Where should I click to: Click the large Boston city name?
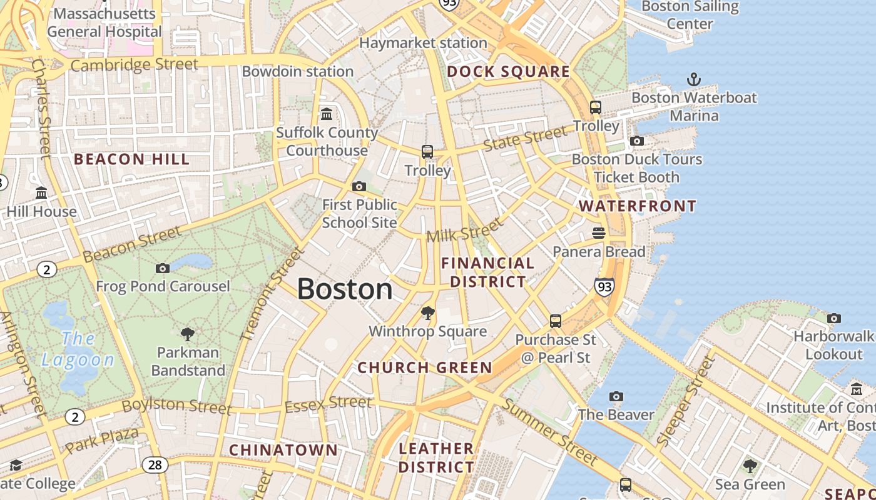tap(345, 289)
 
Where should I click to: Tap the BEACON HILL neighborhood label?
tap(131, 159)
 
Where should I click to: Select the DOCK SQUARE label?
tap(508, 72)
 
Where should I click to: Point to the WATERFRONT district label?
tap(637, 206)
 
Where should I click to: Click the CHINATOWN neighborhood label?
tap(283, 450)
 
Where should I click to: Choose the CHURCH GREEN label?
tap(425, 367)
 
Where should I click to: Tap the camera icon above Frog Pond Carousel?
tap(163, 268)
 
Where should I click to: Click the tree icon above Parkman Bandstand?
tap(187, 334)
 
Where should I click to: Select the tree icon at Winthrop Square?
tap(427, 312)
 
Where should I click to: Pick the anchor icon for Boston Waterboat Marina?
tap(693, 79)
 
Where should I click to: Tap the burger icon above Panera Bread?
tap(599, 233)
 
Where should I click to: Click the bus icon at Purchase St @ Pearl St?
tap(555, 321)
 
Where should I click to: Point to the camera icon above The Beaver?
tap(616, 396)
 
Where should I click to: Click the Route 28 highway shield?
tap(155, 464)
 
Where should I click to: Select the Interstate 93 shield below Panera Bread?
tap(604, 287)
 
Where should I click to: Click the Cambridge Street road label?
tap(134, 64)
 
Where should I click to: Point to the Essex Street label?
tap(328, 404)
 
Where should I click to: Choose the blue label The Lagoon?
tap(78, 349)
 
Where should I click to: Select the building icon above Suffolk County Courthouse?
tap(327, 114)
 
